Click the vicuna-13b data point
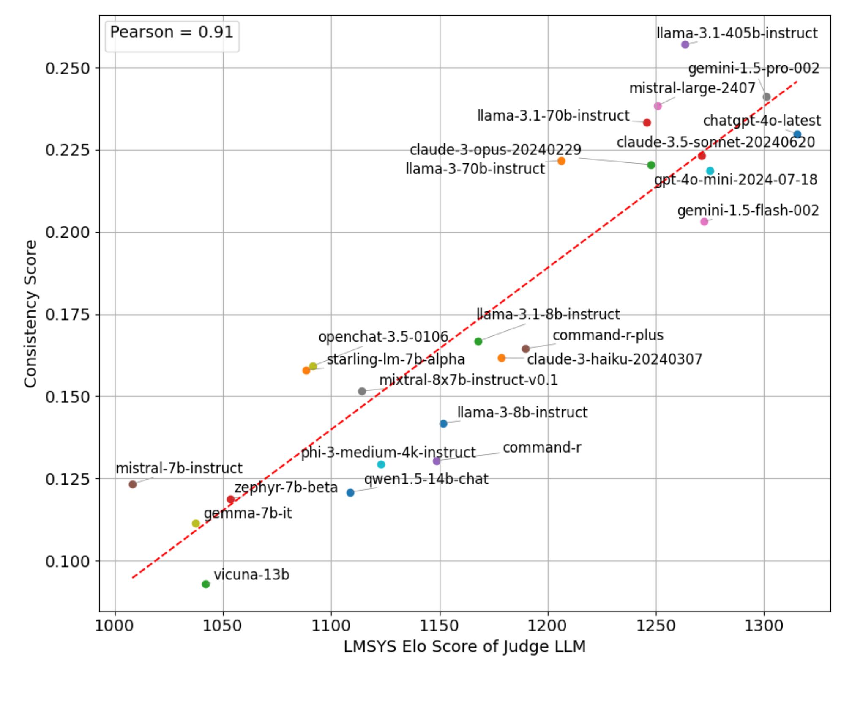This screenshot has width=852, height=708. click(206, 584)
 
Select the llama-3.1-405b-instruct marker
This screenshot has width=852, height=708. click(685, 44)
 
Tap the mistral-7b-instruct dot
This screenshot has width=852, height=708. click(133, 484)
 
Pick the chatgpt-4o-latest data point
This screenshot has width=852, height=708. click(797, 134)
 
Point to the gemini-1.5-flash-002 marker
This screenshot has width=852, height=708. click(704, 222)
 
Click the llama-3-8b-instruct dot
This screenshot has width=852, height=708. click(443, 424)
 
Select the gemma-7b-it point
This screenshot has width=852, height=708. click(196, 524)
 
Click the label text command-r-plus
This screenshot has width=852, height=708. click(608, 335)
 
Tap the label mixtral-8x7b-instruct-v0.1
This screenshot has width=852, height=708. click(468, 380)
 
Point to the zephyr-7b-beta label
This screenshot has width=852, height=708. click(286, 488)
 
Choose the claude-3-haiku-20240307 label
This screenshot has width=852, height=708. click(614, 359)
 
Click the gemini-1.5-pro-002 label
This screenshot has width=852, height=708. click(754, 69)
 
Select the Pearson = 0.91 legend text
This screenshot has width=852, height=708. click(172, 33)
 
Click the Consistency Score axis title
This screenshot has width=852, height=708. click(30, 314)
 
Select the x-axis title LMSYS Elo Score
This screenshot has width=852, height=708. click(464, 647)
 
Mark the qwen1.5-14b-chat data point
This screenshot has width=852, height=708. click(350, 493)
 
